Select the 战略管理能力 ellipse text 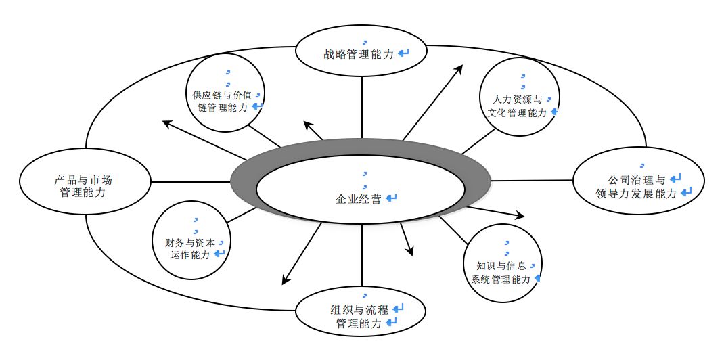[x=359, y=53]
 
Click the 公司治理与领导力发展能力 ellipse [x=640, y=181]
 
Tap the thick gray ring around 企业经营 [x=244, y=181]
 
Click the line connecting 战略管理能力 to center [x=362, y=108]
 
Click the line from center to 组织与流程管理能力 [x=362, y=257]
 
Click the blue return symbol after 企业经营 [x=390, y=198]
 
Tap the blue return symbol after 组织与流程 [x=399, y=309]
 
